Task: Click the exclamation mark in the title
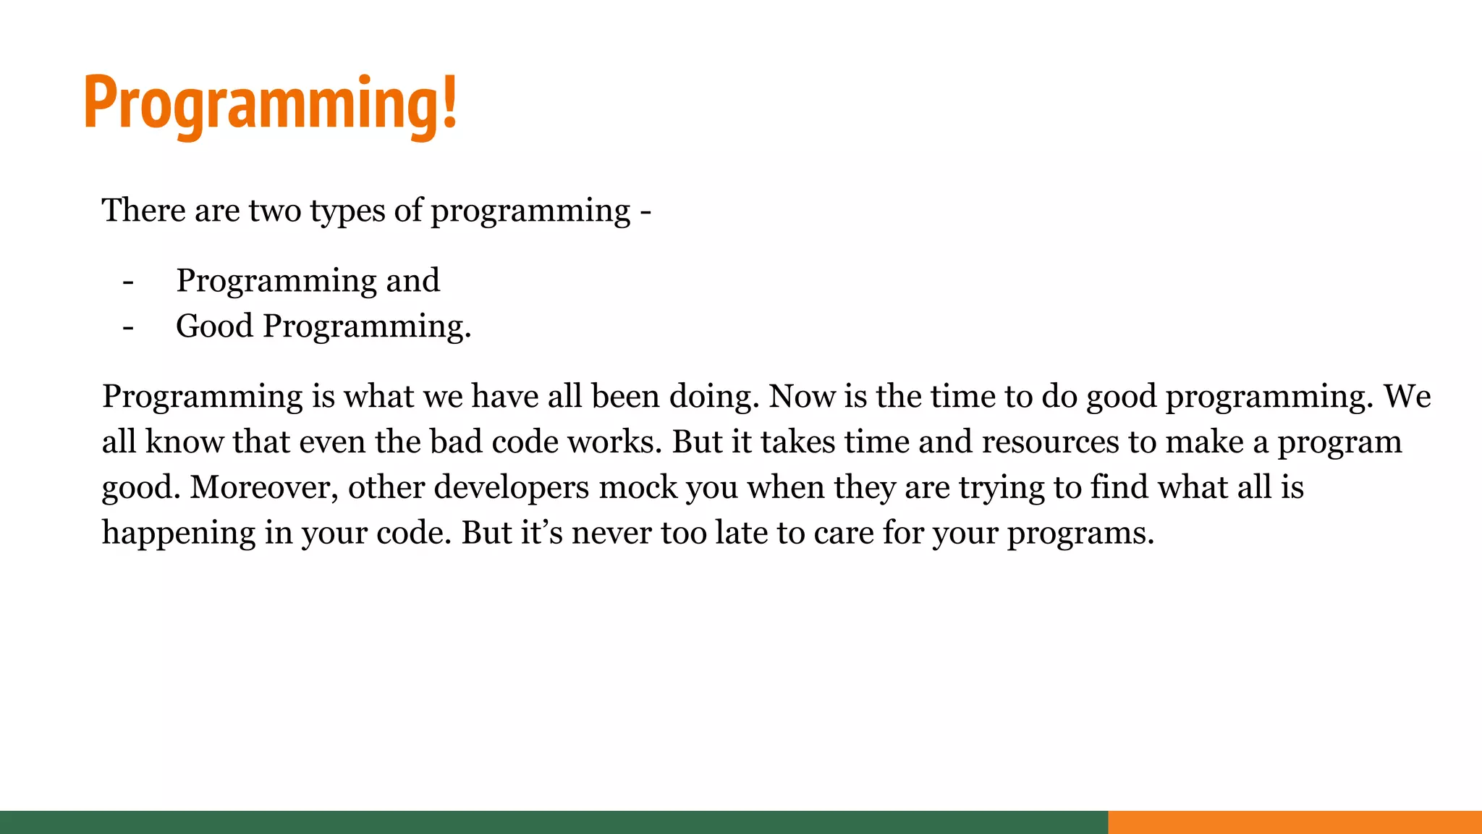(x=449, y=101)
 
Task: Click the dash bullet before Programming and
(x=128, y=282)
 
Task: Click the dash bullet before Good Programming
(x=128, y=327)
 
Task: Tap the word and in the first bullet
(x=412, y=281)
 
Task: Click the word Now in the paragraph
(x=796, y=397)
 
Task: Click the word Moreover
(x=263, y=488)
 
